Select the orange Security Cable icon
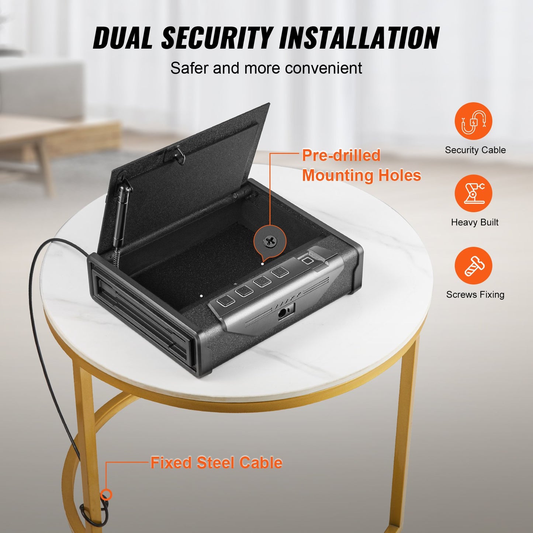click(x=473, y=121)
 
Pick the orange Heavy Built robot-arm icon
click(x=473, y=193)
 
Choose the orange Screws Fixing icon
click(x=473, y=266)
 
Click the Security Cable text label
click(x=475, y=150)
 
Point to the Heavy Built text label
click(x=475, y=222)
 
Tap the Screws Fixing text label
click(x=475, y=295)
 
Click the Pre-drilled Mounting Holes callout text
click(x=361, y=166)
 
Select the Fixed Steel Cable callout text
click(x=217, y=463)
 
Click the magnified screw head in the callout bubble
click(x=270, y=242)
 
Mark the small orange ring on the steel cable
click(x=106, y=494)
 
